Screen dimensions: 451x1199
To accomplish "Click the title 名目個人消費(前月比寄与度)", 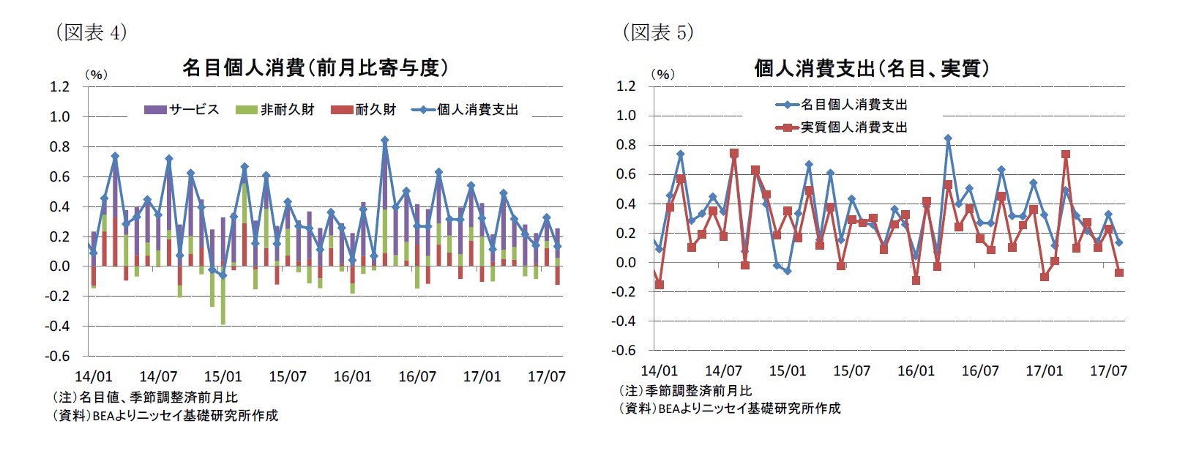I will (315, 68).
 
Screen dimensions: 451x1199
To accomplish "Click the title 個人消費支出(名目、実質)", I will (873, 69).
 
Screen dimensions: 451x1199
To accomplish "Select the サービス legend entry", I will (182, 110).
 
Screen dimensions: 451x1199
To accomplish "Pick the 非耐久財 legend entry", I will (275, 110).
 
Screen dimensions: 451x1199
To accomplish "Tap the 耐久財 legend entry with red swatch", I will (364, 110).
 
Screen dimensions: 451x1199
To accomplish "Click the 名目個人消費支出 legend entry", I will (843, 105).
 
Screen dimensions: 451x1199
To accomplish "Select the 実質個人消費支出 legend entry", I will (843, 127).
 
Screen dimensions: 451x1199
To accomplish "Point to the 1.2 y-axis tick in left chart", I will (59, 87).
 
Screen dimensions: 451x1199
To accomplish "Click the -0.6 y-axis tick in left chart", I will (58, 356).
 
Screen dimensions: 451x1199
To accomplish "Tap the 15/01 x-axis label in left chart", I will (223, 376).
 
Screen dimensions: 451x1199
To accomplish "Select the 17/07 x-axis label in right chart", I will (1108, 370).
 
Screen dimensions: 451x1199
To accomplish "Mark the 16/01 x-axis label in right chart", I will (916, 370).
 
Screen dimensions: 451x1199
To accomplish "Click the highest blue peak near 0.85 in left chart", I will (385, 139).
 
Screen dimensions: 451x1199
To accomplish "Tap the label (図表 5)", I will (657, 32).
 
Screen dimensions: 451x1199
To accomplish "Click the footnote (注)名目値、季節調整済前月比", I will (144, 398).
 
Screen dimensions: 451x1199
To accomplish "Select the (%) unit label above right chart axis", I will (662, 74).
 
